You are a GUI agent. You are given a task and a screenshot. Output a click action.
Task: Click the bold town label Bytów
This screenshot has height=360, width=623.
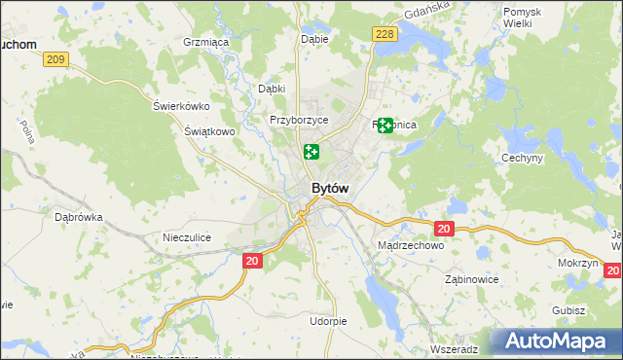tap(329, 188)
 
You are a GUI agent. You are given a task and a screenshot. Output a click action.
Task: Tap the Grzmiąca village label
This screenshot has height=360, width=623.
tap(205, 43)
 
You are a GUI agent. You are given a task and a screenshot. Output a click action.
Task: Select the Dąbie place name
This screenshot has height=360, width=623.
tap(314, 39)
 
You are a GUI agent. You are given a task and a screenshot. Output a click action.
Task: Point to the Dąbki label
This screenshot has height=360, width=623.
tap(271, 89)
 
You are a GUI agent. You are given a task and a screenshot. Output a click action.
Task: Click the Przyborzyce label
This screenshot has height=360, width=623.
tap(299, 120)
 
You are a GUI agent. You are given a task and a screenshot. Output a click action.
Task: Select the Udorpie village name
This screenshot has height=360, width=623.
tap(328, 321)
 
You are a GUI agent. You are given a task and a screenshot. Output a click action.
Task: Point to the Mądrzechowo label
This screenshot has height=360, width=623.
tap(410, 246)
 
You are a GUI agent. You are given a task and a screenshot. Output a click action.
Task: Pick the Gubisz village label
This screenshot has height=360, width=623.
tap(567, 310)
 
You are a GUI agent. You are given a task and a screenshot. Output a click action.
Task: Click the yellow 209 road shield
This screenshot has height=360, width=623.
tap(55, 60)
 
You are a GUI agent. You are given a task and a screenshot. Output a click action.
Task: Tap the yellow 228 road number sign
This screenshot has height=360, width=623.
tap(384, 34)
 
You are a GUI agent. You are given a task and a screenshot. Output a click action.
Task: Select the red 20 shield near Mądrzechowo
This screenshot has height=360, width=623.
tap(444, 229)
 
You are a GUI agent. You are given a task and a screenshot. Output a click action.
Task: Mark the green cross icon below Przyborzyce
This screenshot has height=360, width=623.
tap(311, 151)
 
